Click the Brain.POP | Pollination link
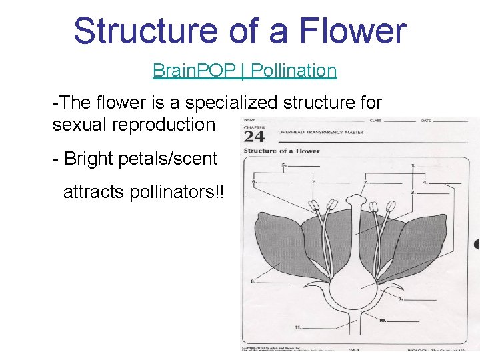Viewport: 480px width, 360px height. click(245, 70)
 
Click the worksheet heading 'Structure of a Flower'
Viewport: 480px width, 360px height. click(273, 151)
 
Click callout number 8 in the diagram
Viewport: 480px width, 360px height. click(252, 281)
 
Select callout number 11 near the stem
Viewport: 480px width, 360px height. click(297, 327)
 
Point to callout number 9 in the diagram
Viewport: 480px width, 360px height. click(401, 299)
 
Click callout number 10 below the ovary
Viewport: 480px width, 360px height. click(383, 321)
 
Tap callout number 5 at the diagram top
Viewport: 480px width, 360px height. click(285, 165)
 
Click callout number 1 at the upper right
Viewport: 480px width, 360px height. click(414, 165)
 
